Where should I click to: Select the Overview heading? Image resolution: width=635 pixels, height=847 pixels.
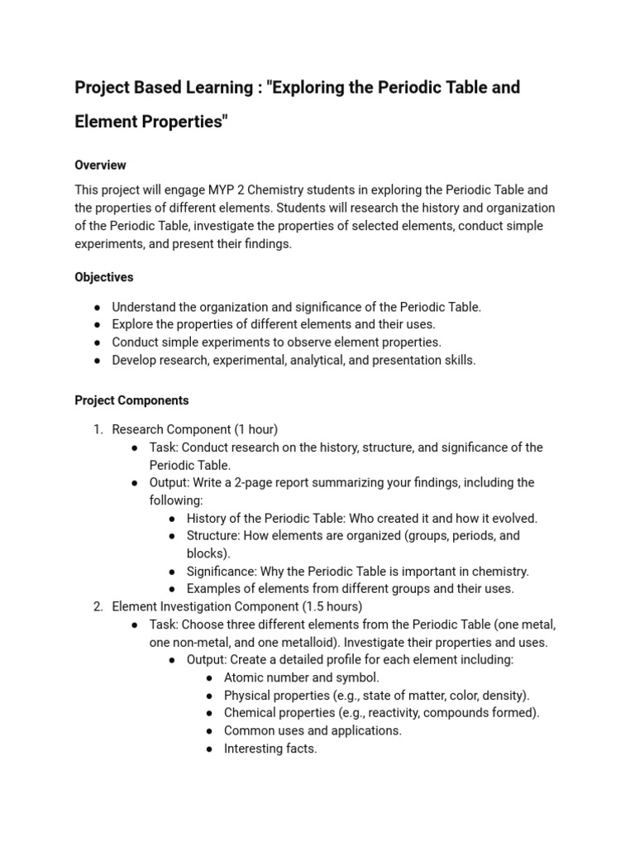(100, 165)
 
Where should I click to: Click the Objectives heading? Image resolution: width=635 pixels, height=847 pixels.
(104, 277)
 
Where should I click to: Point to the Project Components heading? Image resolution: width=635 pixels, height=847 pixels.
(131, 400)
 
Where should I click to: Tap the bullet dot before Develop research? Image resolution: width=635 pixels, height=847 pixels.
(98, 361)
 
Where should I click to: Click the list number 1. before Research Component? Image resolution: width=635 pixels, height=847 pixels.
(98, 429)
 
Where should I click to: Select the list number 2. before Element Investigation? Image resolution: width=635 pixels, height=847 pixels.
(98, 606)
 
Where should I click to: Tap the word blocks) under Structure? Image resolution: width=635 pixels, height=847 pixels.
(208, 553)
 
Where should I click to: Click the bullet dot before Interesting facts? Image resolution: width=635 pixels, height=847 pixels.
(209, 749)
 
